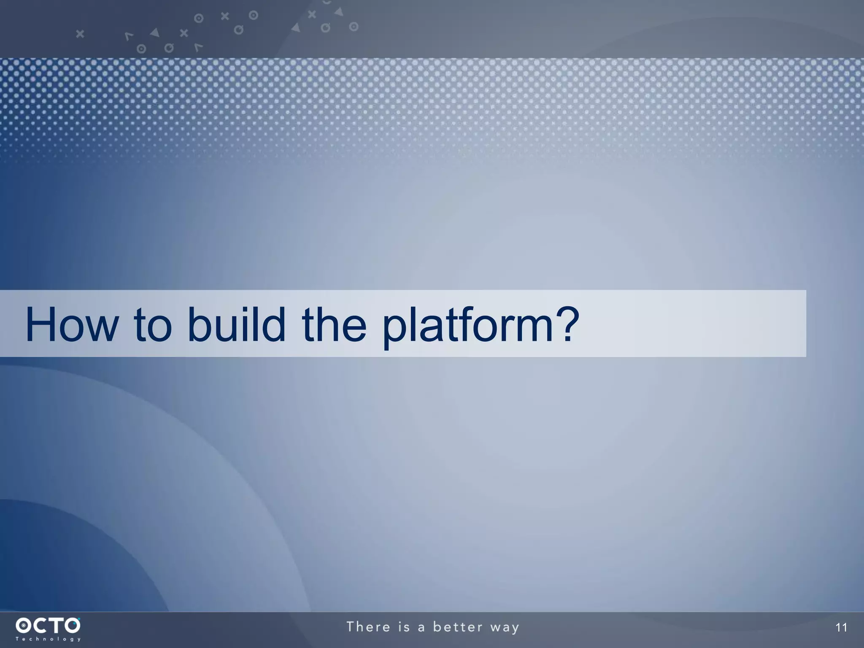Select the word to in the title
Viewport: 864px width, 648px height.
tap(153, 325)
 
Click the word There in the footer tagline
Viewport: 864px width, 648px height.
tap(369, 627)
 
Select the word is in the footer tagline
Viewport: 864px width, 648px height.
tap(404, 627)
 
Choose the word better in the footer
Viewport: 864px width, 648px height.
tap(457, 627)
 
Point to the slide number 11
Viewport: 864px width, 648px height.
tap(841, 628)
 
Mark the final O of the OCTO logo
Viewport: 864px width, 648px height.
tap(72, 625)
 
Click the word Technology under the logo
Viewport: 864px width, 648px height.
tap(48, 639)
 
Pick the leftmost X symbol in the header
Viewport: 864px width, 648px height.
tap(80, 34)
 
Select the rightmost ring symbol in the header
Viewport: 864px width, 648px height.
tap(354, 27)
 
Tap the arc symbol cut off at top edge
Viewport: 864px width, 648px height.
tap(327, 2)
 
